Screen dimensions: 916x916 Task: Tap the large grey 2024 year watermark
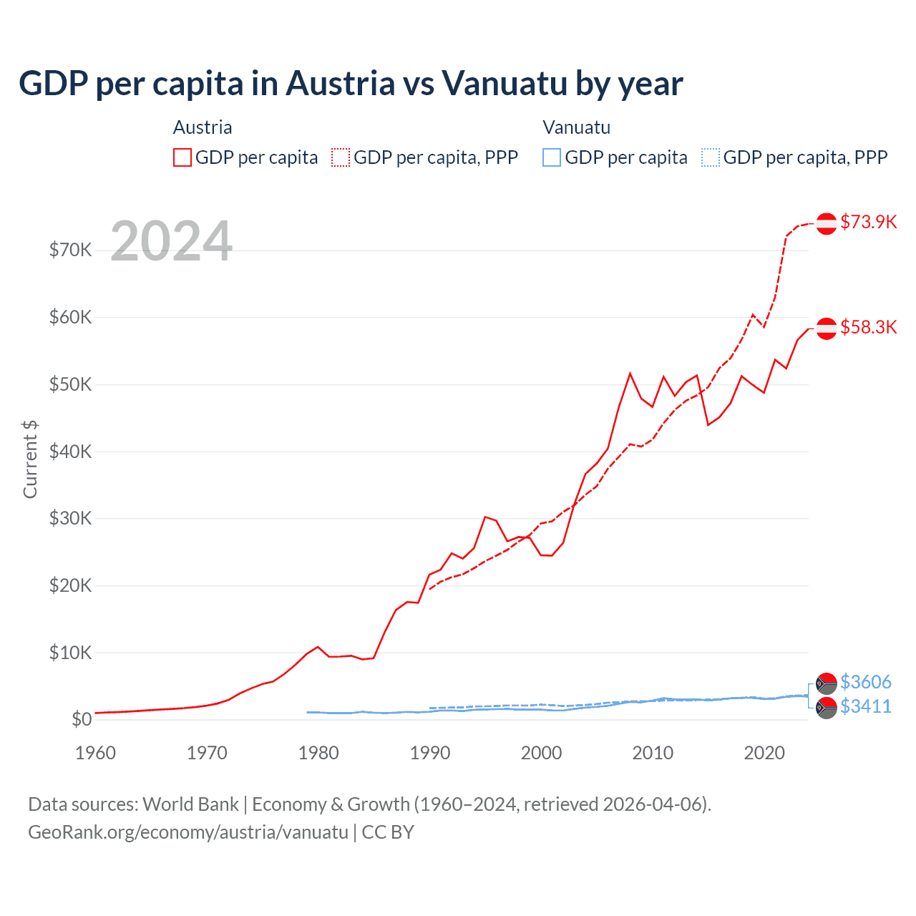point(171,241)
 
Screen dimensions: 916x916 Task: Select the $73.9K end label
point(868,222)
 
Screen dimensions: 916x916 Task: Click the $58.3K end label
point(868,327)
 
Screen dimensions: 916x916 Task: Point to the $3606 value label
point(865,681)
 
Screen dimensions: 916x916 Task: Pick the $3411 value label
point(865,706)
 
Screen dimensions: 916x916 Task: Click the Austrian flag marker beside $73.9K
point(827,223)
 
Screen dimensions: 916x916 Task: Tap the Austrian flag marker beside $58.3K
point(827,328)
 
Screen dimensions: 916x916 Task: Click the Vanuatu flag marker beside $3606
point(827,683)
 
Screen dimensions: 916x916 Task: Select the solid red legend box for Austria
point(182,157)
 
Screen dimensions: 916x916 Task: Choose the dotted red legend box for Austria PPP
point(341,157)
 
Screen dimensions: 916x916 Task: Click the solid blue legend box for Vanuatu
point(552,157)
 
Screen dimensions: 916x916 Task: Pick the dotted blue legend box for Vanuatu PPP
point(711,157)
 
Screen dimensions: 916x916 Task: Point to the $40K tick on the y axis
point(70,452)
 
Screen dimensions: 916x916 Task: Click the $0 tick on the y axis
point(81,719)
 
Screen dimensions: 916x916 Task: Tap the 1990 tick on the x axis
point(430,753)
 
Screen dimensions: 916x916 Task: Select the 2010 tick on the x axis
point(653,753)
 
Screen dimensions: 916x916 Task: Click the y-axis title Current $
point(30,459)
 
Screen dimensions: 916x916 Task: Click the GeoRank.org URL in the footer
point(187,832)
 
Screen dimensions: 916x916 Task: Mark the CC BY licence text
point(388,832)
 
